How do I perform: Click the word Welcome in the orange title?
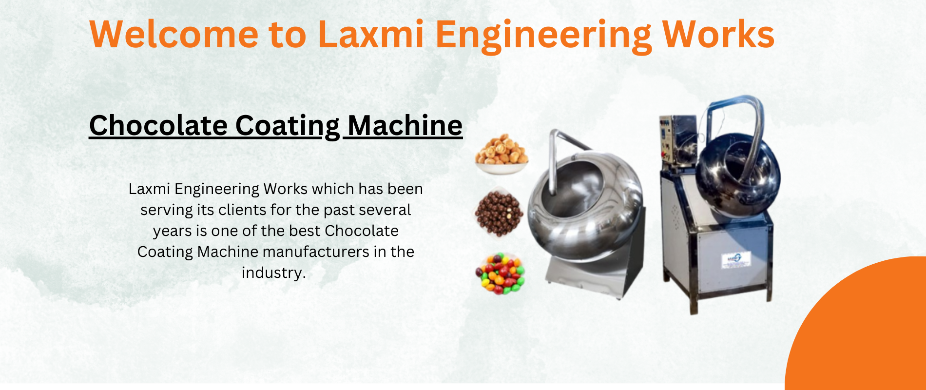174,34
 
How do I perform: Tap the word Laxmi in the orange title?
371,34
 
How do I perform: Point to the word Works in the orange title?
718,34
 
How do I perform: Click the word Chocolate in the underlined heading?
158,125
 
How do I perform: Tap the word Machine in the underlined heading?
405,125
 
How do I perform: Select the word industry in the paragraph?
272,273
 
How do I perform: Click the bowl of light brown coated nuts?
502,154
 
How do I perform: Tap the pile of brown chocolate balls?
499,214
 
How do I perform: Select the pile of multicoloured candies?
501,273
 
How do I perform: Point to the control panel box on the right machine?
677,141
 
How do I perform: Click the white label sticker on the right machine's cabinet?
735,260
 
